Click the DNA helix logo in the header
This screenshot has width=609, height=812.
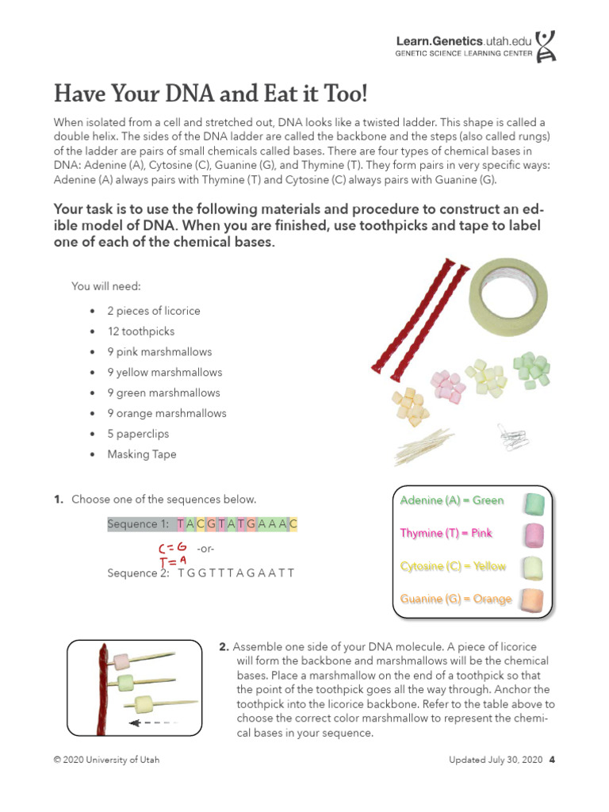point(546,46)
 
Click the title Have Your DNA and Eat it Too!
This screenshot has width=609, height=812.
point(210,94)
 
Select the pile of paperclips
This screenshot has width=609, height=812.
point(512,435)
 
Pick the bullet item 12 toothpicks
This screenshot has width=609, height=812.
point(141,331)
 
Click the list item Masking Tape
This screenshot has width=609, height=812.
point(142,454)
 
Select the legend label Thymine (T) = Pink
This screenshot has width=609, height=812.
point(446,533)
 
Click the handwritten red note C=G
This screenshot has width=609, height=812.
point(172,548)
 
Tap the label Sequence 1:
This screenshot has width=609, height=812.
point(139,524)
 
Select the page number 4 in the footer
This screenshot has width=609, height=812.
point(552,760)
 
